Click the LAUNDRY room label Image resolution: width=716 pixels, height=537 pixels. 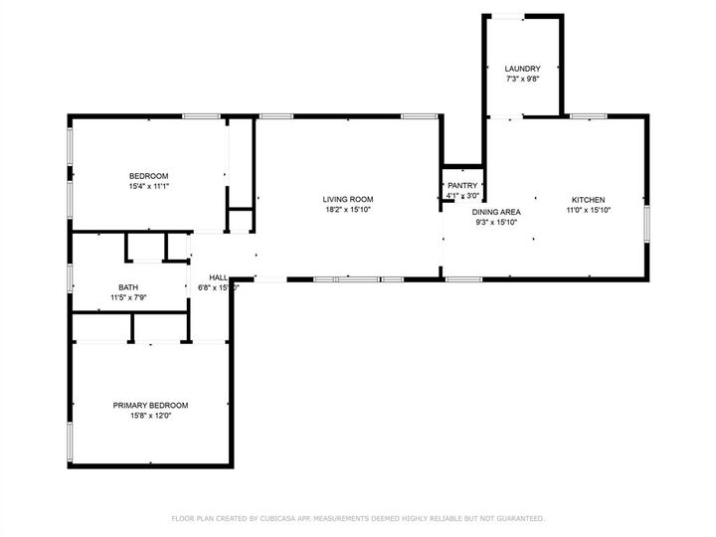tap(522, 68)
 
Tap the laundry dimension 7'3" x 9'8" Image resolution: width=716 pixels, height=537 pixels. tap(522, 79)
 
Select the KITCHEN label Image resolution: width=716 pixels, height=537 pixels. tap(587, 199)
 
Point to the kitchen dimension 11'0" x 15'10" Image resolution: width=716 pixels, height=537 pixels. tap(587, 210)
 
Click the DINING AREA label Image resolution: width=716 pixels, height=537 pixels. tap(495, 212)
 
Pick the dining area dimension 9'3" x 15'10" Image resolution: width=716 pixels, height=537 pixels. tap(495, 223)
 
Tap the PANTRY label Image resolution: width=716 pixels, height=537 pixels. tap(462, 185)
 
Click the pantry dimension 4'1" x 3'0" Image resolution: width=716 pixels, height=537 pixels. tap(462, 196)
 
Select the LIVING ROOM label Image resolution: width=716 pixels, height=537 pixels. tap(347, 199)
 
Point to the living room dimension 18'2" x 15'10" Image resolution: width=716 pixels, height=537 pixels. tap(347, 210)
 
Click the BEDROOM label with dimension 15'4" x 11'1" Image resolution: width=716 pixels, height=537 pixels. tap(148, 175)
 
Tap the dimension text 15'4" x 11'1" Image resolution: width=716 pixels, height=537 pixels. tap(148, 186)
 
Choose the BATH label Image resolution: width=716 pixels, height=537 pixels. tap(129, 286)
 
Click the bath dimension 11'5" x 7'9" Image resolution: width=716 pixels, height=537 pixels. tap(129, 297)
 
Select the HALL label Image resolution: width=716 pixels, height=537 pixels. tap(218, 277)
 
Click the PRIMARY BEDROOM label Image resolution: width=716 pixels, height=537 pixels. tap(150, 405)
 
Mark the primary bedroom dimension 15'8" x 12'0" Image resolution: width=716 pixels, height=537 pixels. tap(150, 416)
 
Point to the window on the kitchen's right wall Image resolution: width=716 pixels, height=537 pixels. tap(646, 224)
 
